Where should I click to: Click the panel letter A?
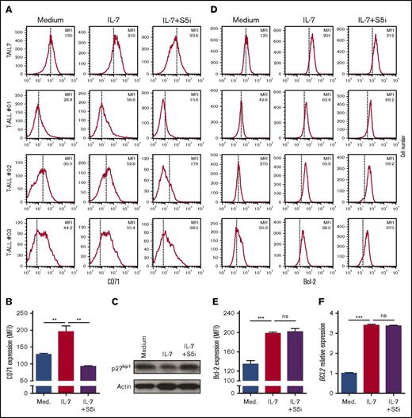tap(6, 6)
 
